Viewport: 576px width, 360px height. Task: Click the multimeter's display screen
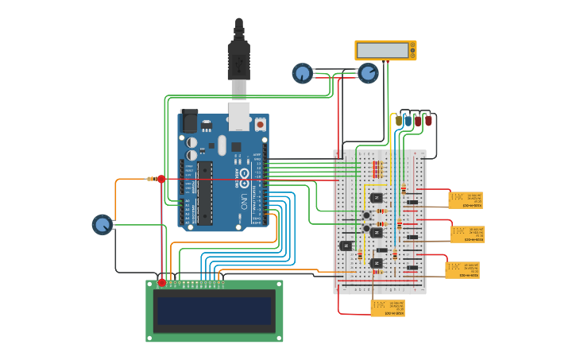click(382, 50)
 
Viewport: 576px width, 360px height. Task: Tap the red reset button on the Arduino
click(260, 125)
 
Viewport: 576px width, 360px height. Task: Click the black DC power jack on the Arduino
click(189, 121)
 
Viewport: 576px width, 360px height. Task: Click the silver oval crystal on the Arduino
click(222, 145)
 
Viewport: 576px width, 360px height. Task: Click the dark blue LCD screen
click(215, 310)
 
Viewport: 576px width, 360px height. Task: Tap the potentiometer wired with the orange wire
click(102, 224)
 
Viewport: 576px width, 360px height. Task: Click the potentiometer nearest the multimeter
click(368, 74)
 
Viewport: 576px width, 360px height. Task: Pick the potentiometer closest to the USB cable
click(302, 74)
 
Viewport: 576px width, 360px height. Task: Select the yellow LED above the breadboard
click(398, 121)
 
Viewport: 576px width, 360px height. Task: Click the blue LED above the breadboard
click(408, 121)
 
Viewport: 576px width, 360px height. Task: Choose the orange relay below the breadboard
click(387, 308)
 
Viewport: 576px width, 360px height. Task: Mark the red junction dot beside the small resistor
click(161, 179)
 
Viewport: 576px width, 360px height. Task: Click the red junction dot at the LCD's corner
click(162, 283)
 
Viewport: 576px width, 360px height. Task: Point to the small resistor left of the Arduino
click(151, 179)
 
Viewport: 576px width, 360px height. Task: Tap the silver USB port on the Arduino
click(239, 115)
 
